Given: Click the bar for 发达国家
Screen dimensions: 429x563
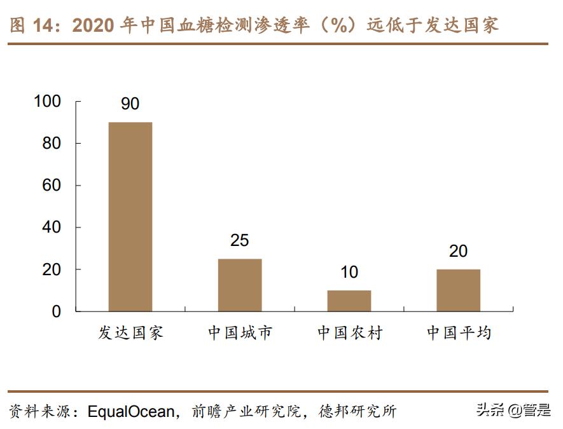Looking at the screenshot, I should pyautogui.click(x=130, y=216).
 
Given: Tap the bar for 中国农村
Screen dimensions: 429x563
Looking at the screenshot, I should pyautogui.click(x=349, y=301).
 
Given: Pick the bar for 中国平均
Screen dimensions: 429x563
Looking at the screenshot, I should pyautogui.click(x=458, y=290).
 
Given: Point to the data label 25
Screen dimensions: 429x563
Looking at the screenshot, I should pyautogui.click(x=240, y=241).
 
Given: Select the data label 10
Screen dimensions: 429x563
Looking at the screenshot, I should pyautogui.click(x=349, y=273).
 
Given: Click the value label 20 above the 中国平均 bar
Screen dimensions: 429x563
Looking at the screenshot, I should pyautogui.click(x=458, y=252).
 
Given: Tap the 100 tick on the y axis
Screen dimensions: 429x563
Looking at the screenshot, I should pyautogui.click(x=48, y=102).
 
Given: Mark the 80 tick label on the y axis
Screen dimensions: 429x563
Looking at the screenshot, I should pyautogui.click(x=52, y=144).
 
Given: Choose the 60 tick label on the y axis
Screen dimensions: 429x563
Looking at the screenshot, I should pyautogui.click(x=52, y=186).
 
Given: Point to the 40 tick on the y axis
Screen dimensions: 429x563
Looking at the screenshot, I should pyautogui.click(x=52, y=228).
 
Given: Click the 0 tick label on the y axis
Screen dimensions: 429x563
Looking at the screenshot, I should pyautogui.click(x=57, y=311).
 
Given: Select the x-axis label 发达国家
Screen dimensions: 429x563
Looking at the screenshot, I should pyautogui.click(x=130, y=332).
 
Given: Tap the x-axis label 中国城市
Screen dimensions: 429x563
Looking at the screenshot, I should pyautogui.click(x=240, y=332).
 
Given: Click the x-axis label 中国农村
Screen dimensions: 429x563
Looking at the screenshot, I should pyautogui.click(x=349, y=332).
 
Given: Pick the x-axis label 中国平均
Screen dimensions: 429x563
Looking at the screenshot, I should pyautogui.click(x=458, y=332).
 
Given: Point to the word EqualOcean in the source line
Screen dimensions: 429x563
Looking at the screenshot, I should pyautogui.click(x=130, y=411).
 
